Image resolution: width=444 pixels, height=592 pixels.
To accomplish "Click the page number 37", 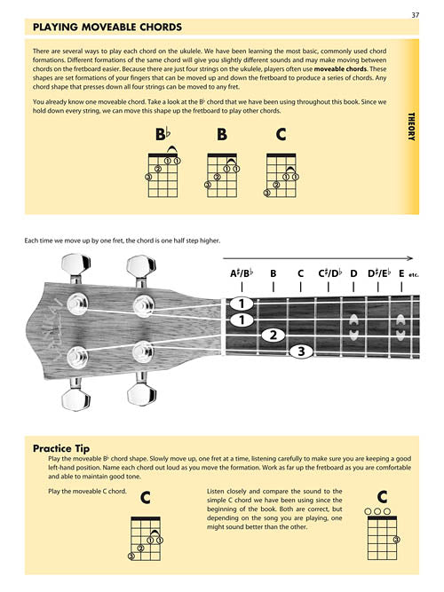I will point(415,14).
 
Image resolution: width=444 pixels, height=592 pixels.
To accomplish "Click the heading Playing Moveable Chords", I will point(107,28).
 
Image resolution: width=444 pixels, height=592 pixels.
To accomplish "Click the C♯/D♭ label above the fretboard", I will point(330,273).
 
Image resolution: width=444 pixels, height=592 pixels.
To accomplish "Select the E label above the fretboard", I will point(402,273).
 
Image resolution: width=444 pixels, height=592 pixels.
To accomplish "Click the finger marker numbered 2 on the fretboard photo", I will point(274,335).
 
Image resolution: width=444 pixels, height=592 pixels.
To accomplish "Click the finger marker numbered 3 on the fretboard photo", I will point(301,352).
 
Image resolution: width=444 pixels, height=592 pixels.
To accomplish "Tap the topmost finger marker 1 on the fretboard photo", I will point(240,304).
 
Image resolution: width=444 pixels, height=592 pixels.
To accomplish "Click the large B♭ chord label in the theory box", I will point(163,135).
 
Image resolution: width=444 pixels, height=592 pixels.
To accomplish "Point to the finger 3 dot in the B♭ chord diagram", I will point(149,178).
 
